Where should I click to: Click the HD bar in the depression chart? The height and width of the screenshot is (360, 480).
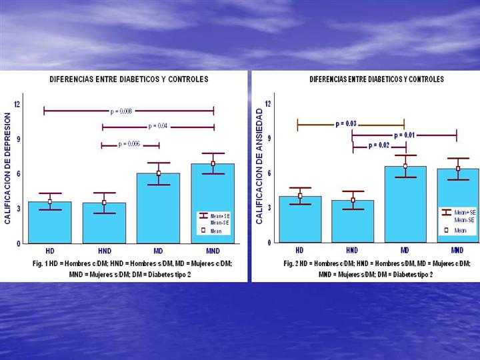click(50, 223)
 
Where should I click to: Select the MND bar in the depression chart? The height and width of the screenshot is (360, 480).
click(213, 207)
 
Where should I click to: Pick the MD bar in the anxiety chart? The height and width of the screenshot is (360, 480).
click(405, 207)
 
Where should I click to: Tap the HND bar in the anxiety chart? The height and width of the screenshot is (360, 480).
click(353, 222)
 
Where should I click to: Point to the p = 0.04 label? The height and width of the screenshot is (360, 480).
click(157, 126)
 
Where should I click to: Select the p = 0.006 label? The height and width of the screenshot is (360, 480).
click(129, 144)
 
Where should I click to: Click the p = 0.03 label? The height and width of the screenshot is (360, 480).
click(345, 123)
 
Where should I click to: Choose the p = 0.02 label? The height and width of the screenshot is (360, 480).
click(379, 145)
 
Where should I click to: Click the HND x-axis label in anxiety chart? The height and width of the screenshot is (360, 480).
click(352, 251)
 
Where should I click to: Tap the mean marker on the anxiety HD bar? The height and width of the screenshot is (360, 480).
click(300, 196)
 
